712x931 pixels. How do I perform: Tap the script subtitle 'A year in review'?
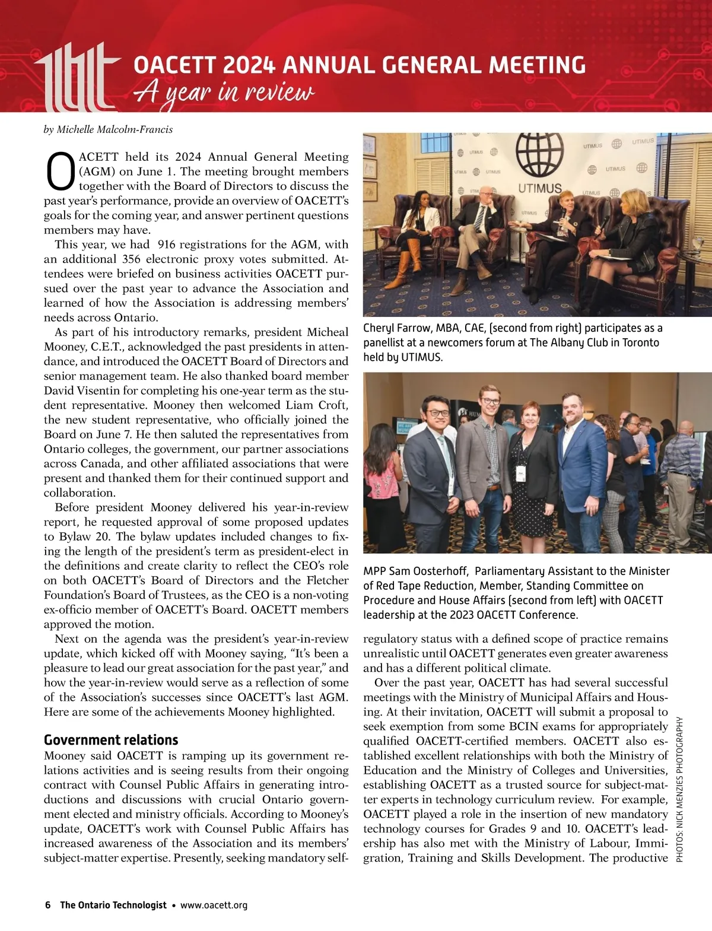tap(224, 93)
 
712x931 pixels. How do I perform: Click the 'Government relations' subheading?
tap(111, 740)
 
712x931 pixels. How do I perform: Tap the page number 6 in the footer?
tap(48, 905)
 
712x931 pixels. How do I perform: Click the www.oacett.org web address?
tap(214, 905)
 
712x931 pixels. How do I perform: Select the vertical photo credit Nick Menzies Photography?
tap(680, 789)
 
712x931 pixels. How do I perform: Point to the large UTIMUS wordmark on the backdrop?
tap(539, 189)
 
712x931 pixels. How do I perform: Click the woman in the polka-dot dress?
tap(530, 475)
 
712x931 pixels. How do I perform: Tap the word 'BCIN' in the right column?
tap(524, 726)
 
